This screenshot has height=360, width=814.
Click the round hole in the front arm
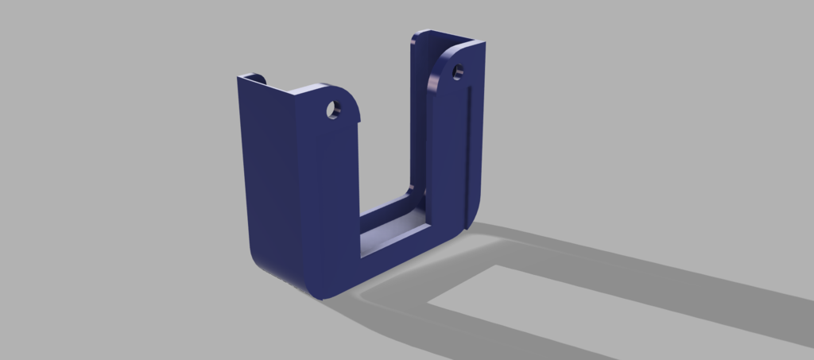(x=332, y=110)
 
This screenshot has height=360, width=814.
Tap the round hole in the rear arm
(x=458, y=73)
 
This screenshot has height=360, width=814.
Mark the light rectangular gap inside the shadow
(x=509, y=294)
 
